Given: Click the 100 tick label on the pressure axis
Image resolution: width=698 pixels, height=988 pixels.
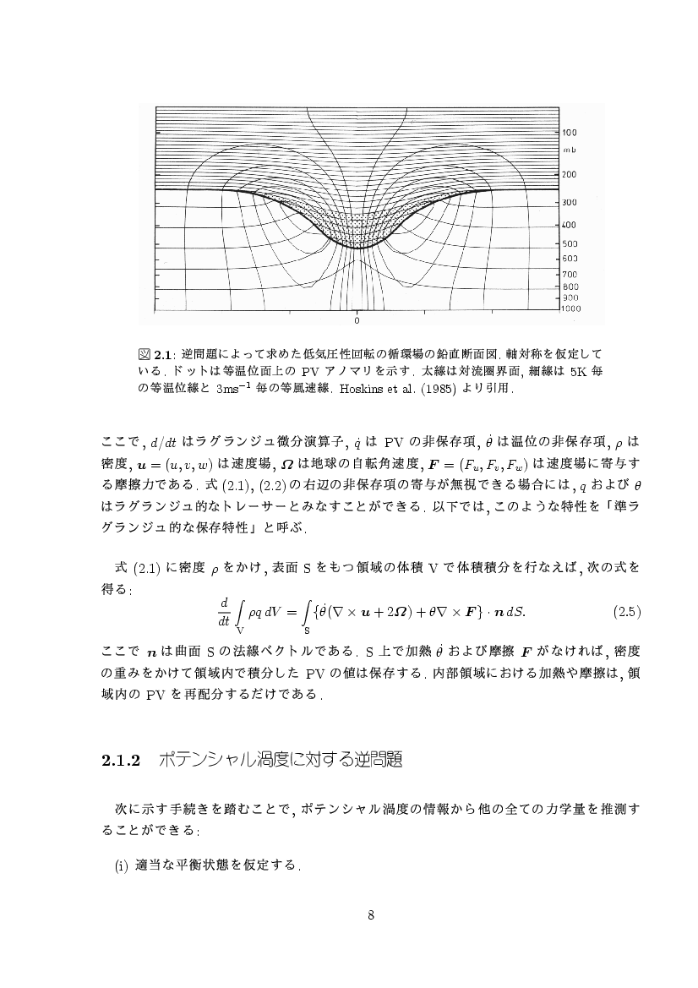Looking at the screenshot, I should (570, 133).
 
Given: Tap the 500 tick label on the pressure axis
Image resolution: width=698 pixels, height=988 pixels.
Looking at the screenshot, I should (570, 243).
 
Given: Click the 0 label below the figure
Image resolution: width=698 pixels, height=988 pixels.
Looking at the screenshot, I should (357, 322).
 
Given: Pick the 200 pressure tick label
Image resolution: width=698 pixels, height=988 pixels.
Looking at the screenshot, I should (570, 174).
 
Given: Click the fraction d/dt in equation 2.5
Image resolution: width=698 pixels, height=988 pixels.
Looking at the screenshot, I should (224, 610).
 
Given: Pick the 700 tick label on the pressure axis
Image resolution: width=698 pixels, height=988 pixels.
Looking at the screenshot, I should (570, 274).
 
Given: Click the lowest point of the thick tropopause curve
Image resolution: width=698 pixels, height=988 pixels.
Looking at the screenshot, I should (357, 248).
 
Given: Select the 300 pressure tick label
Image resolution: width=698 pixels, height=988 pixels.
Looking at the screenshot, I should (570, 203).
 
